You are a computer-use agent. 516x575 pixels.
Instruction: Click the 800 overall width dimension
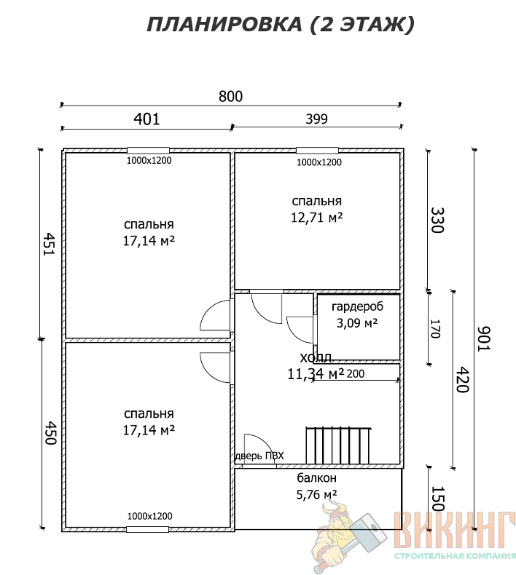230,97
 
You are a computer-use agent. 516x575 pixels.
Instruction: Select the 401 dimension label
147,119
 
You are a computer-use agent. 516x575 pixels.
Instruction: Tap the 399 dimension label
316,119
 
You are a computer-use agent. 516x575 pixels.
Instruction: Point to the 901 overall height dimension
484,339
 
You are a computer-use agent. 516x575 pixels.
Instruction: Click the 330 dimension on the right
437,220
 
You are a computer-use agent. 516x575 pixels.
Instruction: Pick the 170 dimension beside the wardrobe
435,329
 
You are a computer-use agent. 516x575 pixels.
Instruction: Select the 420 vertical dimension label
462,379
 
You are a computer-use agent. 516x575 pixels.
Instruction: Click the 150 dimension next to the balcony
437,499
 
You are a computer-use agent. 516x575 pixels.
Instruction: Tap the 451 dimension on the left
50,244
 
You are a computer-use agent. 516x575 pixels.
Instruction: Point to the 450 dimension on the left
50,433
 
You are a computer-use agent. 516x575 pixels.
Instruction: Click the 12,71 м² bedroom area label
316,218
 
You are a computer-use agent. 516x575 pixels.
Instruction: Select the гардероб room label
357,306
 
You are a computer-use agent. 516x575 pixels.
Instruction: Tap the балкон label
316,478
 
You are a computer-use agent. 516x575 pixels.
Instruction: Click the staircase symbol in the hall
338,445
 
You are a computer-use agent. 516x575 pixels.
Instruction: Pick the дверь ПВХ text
259,456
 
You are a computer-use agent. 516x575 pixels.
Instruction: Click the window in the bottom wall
148,529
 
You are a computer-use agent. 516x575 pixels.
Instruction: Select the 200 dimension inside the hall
356,373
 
